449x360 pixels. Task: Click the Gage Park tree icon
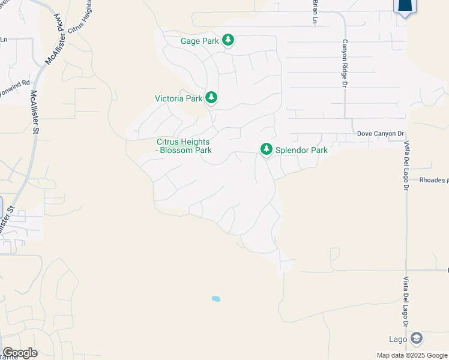pyautogui.click(x=228, y=40)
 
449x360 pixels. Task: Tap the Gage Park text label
pyautogui.click(x=199, y=41)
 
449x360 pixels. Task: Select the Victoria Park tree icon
pyautogui.click(x=211, y=97)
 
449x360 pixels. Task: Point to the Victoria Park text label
pyautogui.click(x=178, y=98)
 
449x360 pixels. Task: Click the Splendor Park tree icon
pyautogui.click(x=266, y=149)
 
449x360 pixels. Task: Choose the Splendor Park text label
pyautogui.click(x=301, y=150)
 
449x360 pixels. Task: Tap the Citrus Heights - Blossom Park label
pyautogui.click(x=184, y=146)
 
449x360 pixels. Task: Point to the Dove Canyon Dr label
pyautogui.click(x=381, y=133)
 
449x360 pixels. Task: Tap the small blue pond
pyautogui.click(x=216, y=298)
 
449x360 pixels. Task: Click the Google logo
pyautogui.click(x=20, y=353)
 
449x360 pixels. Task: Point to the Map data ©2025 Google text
pyautogui.click(x=412, y=355)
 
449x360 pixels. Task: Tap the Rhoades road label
pyautogui.click(x=433, y=180)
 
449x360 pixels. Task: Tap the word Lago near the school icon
pyautogui.click(x=398, y=339)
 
